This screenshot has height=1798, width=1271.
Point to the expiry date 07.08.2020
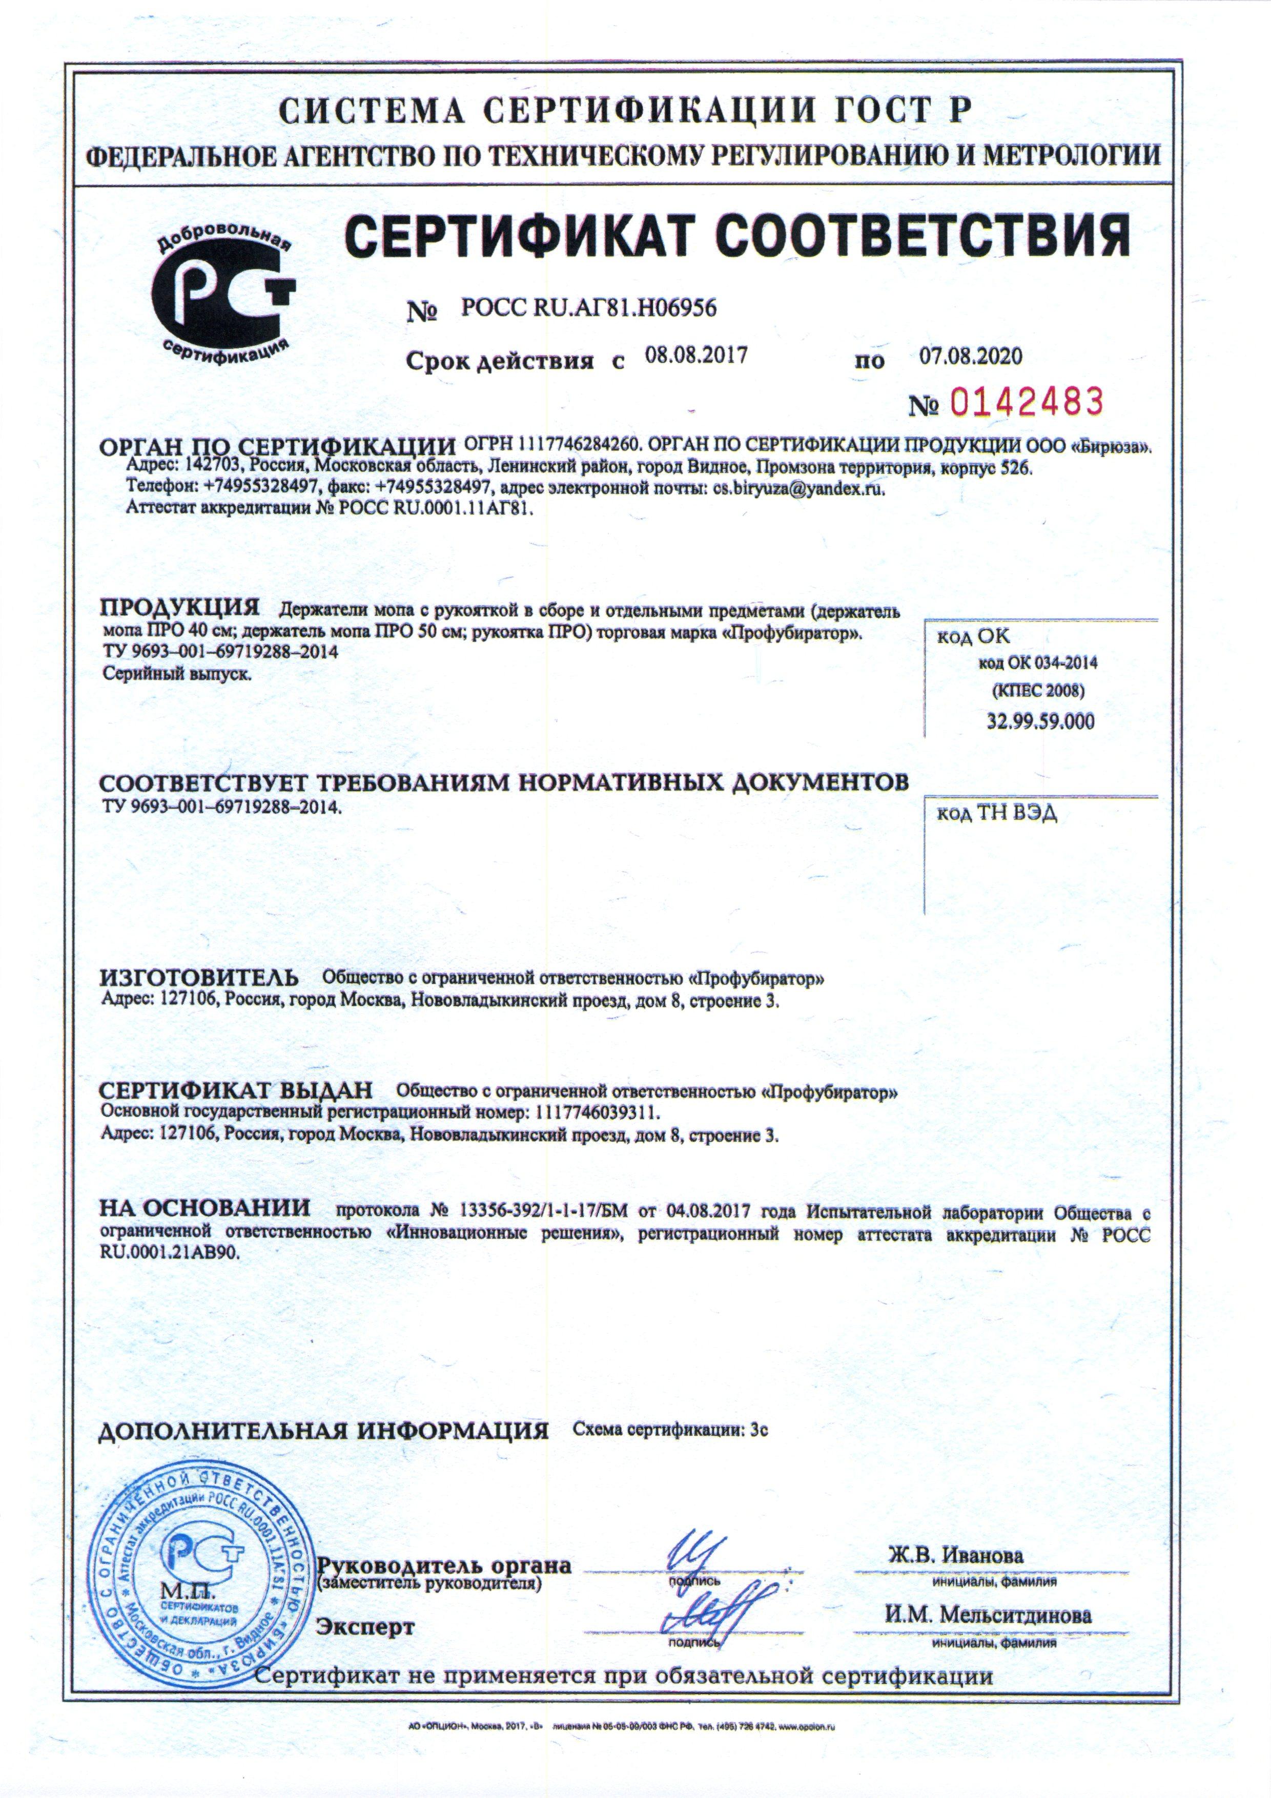coord(970,356)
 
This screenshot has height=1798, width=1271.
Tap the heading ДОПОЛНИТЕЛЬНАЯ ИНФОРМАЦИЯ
coord(323,1431)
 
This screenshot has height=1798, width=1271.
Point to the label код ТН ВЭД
coord(997,814)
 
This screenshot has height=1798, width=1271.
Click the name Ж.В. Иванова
coord(955,1533)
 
